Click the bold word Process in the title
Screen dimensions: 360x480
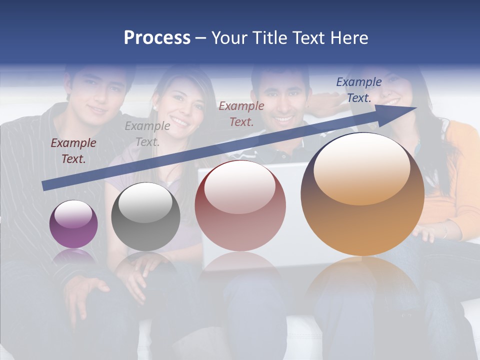tap(157, 38)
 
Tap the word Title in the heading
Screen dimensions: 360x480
tap(269, 38)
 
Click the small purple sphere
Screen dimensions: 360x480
tap(73, 224)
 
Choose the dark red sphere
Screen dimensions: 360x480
tap(240, 205)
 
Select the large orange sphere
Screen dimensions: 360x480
tap(362, 194)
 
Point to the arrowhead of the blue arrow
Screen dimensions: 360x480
tap(407, 110)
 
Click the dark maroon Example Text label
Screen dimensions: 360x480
tap(73, 151)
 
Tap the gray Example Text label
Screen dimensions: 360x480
tap(147, 134)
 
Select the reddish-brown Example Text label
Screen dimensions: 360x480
tap(241, 113)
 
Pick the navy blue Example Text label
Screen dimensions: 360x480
tap(358, 90)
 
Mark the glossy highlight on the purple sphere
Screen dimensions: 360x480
tap(73, 214)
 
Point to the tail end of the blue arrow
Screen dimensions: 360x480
tap(45, 186)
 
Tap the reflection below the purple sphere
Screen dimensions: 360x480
tap(73, 256)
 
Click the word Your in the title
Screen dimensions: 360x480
tap(229, 38)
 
